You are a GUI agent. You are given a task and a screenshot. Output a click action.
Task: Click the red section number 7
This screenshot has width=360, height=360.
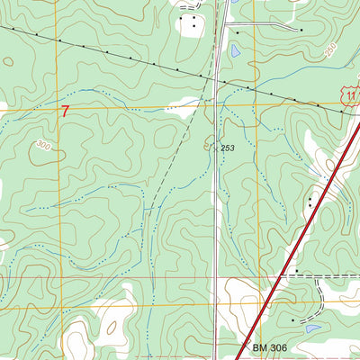pyautogui.click(x=65, y=112)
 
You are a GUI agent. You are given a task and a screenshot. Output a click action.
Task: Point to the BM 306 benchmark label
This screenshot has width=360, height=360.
pyautogui.click(x=270, y=347)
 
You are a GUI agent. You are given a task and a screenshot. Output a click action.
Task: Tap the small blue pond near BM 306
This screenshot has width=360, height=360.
pyautogui.click(x=312, y=328)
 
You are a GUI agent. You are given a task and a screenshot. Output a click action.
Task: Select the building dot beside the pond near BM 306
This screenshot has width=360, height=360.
pyautogui.click(x=293, y=320)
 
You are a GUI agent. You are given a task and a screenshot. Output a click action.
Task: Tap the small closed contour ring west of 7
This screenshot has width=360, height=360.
pyautogui.click(x=7, y=62)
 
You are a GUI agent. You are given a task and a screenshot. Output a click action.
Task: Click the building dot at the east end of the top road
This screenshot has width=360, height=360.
pyautogui.click(x=301, y=30)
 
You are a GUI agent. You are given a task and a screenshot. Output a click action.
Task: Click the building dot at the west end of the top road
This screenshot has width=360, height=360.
pyautogui.click(x=237, y=31)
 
